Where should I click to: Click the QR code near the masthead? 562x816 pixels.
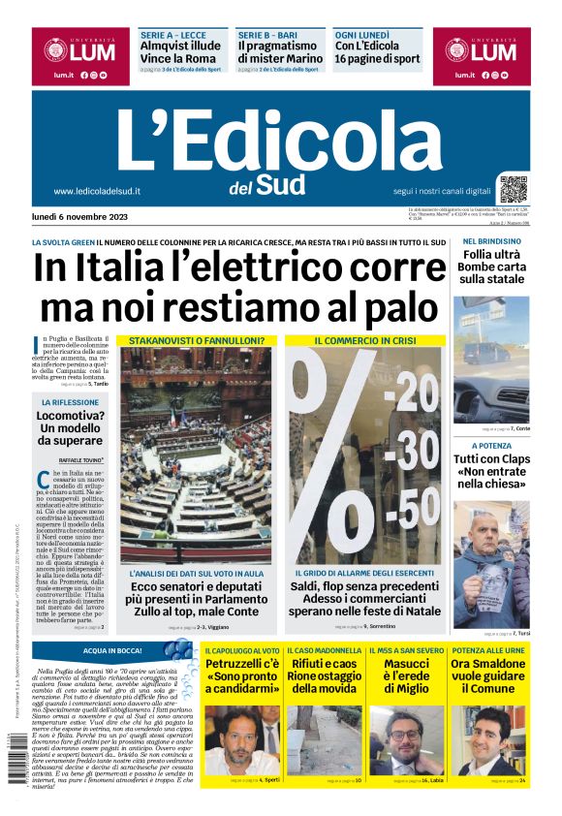515,189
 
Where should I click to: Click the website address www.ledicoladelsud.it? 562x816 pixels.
97,191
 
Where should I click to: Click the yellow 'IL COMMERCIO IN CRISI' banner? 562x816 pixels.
365,341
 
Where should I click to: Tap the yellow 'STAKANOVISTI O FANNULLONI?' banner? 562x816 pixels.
197,341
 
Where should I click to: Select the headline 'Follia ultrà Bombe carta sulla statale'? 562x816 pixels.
491,267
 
